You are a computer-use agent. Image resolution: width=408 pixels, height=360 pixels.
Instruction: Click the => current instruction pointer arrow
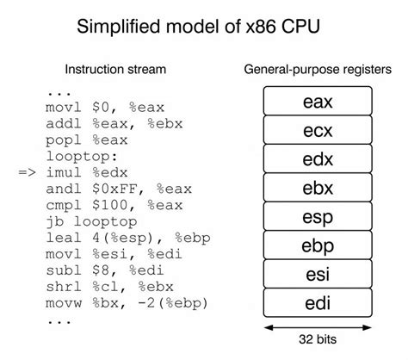pyautogui.click(x=28, y=173)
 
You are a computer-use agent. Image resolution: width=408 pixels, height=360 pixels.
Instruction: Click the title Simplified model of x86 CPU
pyautogui.click(x=204, y=26)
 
